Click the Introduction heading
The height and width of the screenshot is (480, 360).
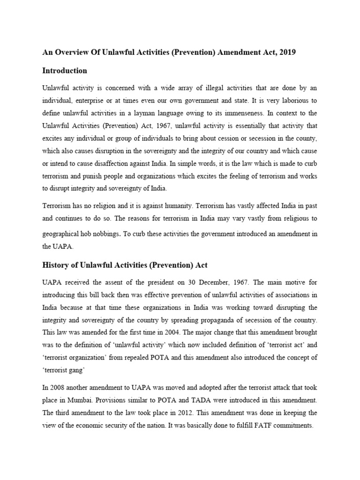point(65,71)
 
